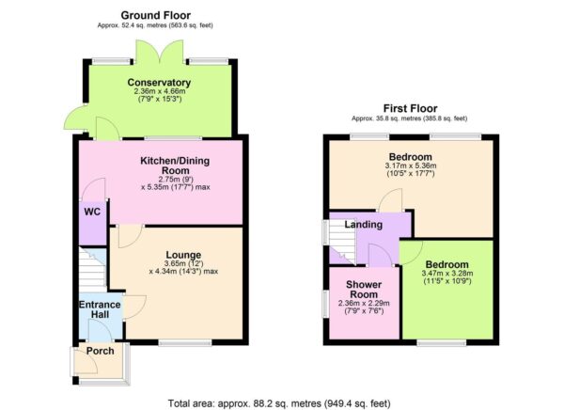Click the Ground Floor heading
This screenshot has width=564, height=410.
pyautogui.click(x=156, y=16)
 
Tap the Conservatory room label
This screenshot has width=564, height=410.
pyautogui.click(x=160, y=83)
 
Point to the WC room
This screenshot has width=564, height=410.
pyautogui.click(x=91, y=212)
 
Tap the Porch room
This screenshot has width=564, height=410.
pyautogui.click(x=100, y=352)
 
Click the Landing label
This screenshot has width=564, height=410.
pyautogui.click(x=363, y=225)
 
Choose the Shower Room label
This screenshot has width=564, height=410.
pyautogui.click(x=362, y=290)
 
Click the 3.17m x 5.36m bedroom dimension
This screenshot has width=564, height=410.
pyautogui.click(x=410, y=168)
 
